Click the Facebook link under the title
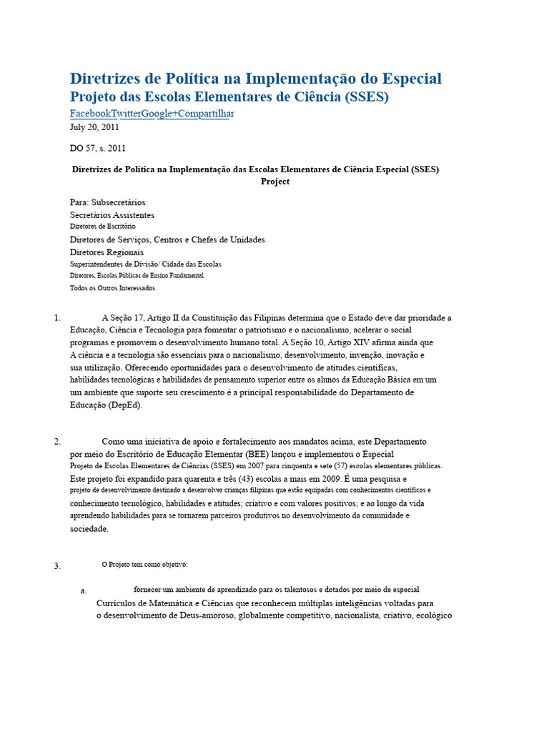coord(91,114)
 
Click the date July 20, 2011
coord(94,127)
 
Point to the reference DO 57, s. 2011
coord(97,149)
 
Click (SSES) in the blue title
coord(367,97)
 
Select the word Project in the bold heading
coord(275,182)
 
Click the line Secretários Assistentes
coord(112,214)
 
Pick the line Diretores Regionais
coord(107,252)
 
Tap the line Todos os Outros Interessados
coord(112,288)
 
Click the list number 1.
coord(57,318)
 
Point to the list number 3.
coord(57,566)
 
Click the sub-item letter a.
coord(84,591)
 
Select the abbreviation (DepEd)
coord(125,405)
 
